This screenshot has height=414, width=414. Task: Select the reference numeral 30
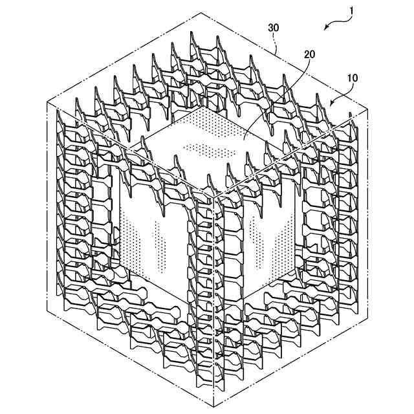pyautogui.click(x=273, y=27)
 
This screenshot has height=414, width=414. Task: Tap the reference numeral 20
pyautogui.click(x=309, y=54)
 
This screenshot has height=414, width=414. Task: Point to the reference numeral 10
pyautogui.click(x=352, y=78)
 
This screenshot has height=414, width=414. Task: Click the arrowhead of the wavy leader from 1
pyautogui.click(x=326, y=27)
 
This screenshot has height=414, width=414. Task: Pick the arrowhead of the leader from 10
pyautogui.click(x=332, y=103)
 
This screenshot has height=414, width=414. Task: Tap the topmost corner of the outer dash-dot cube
pyautogui.click(x=201, y=12)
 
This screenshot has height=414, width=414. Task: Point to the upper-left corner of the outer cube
pyautogui.click(x=47, y=102)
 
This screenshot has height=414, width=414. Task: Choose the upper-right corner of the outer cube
pyautogui.click(x=367, y=109)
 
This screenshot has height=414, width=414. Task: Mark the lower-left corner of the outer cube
pyautogui.click(x=47, y=308)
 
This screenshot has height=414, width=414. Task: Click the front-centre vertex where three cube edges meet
pyautogui.click(x=213, y=197)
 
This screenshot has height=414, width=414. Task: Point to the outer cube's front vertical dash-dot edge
pyautogui.click(x=213, y=301)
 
